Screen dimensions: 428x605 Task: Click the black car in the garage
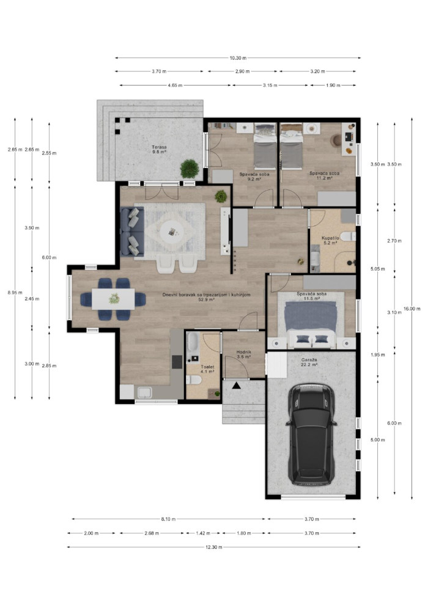tap(311, 434)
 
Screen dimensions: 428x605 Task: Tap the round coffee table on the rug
tap(172, 232)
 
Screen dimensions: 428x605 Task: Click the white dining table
tap(113, 299)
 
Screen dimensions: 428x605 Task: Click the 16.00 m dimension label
tap(411, 308)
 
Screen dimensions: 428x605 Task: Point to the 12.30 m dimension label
tap(214, 547)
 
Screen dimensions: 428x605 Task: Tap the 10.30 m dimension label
tap(238, 58)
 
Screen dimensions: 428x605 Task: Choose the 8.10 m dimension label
tap(168, 519)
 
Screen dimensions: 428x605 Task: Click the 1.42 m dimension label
tap(203, 533)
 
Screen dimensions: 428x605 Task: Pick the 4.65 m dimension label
tap(175, 86)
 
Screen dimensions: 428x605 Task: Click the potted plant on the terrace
tap(190, 169)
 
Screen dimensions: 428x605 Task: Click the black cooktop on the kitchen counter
tap(177, 362)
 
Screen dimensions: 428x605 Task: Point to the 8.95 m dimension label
tap(15, 293)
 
